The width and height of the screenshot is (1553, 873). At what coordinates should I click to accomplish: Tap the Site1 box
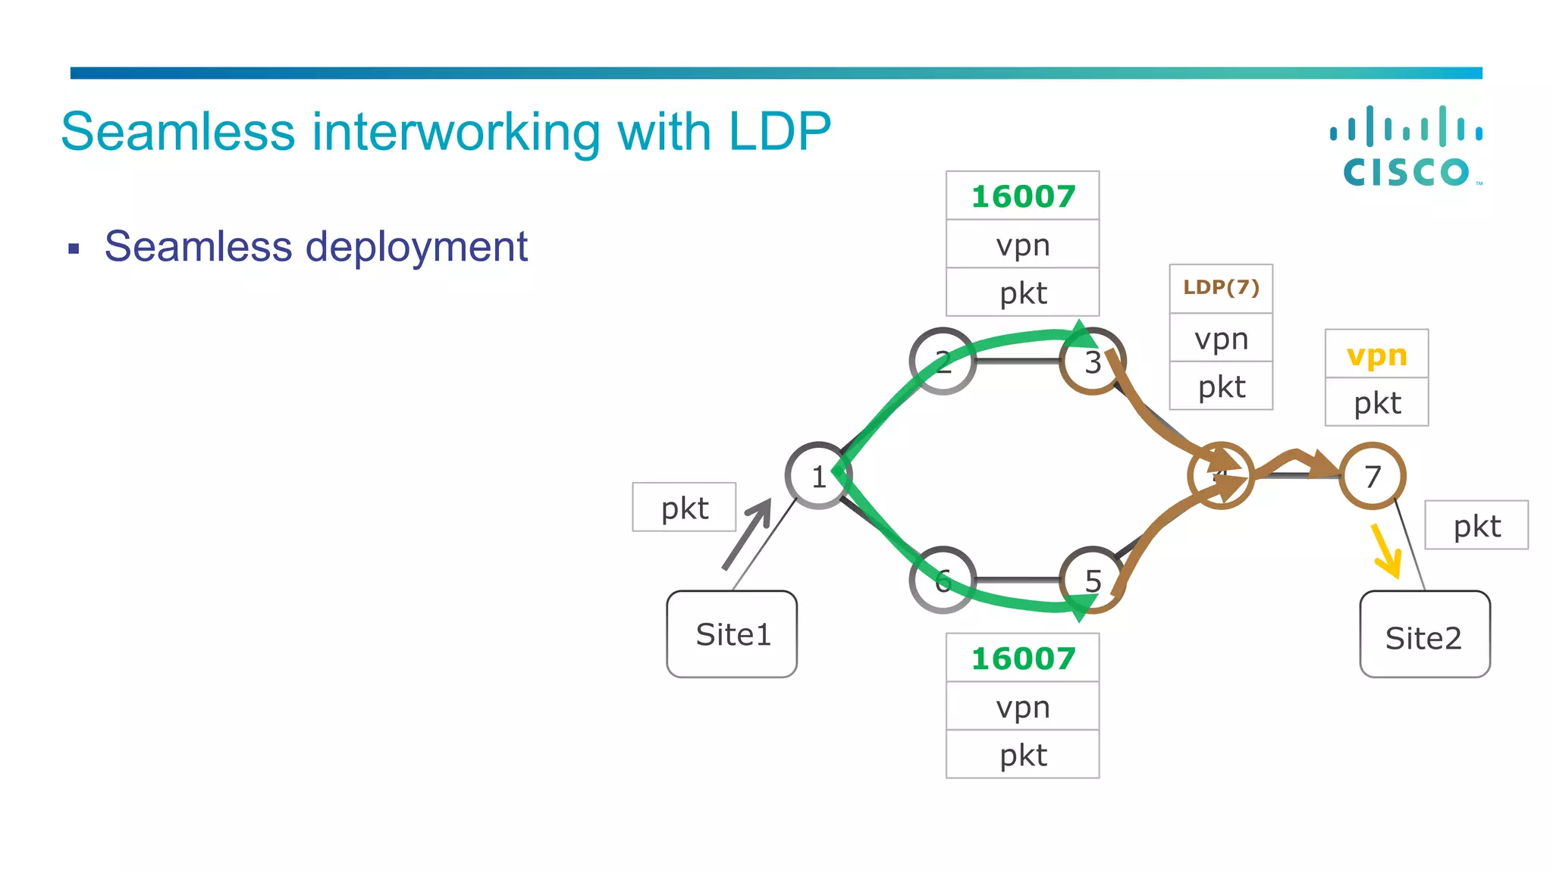point(732,634)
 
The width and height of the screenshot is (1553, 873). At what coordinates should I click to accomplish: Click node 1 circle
point(818,476)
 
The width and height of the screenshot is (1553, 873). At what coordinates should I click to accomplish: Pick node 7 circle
point(1373,476)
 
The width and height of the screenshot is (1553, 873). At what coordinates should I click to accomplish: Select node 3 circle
point(1093,361)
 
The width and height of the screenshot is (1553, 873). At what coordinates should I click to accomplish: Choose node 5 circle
point(1093,580)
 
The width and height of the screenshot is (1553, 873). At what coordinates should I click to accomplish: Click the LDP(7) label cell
point(1221,288)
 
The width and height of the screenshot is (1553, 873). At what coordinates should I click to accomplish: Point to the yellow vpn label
point(1377,355)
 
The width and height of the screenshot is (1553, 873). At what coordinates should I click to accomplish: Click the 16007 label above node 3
point(1023,196)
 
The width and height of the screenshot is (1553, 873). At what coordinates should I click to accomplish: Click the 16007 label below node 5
point(1023,658)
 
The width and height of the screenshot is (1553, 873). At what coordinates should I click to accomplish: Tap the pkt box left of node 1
point(684,508)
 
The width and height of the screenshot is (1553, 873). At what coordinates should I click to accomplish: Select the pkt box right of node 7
point(1476,525)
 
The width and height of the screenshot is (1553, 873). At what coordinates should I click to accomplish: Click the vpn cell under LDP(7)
point(1221,338)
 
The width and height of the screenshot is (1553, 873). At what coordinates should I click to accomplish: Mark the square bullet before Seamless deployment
point(74,248)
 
